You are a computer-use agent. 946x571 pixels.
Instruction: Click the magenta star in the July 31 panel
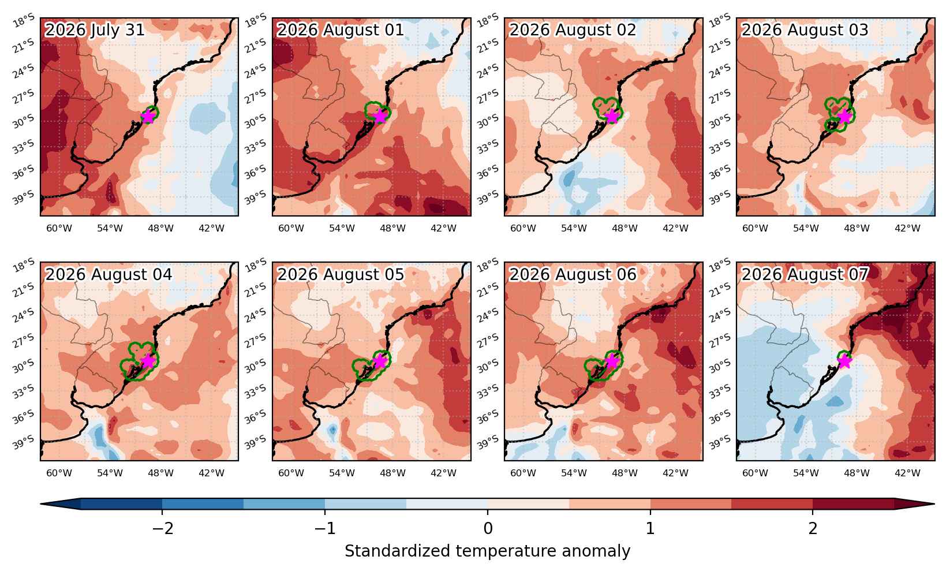(148, 115)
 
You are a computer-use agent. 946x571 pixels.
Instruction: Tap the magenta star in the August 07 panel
(844, 361)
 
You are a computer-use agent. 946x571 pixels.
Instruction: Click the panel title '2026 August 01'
(340, 30)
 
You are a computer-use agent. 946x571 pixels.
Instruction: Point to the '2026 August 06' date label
(572, 274)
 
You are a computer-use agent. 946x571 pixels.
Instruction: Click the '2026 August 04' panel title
(109, 274)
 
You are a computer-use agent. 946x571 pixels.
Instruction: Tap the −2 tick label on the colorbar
(163, 528)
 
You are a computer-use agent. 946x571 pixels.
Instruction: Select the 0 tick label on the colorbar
(488, 528)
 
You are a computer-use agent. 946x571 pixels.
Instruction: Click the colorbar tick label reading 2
(813, 528)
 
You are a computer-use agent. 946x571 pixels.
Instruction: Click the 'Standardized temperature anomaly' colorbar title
(487, 551)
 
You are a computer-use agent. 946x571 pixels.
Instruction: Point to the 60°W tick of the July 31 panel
(59, 229)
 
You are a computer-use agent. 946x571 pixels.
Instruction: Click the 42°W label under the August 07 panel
(907, 473)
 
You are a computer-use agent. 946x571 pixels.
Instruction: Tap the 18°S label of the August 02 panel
(488, 20)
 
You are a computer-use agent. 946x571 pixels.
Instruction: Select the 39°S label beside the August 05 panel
(256, 442)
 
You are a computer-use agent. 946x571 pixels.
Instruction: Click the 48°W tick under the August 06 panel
(625, 473)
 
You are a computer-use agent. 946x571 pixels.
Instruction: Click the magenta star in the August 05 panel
(380, 361)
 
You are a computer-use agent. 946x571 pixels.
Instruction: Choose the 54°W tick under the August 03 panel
(806, 229)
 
